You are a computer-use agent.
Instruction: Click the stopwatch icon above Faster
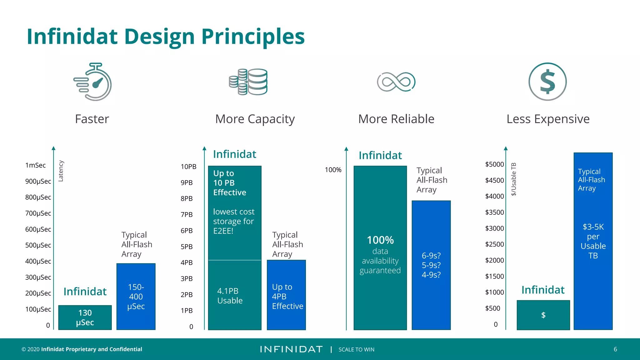pyautogui.click(x=93, y=82)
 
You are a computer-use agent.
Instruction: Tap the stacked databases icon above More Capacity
pyautogui.click(x=248, y=82)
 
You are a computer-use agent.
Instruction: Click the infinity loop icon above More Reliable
pyautogui.click(x=396, y=82)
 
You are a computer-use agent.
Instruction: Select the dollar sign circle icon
pyautogui.click(x=547, y=82)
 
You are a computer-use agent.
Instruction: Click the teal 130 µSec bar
pyautogui.click(x=85, y=317)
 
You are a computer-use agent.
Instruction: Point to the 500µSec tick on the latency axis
pyautogui.click(x=38, y=245)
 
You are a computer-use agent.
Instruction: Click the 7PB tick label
pyautogui.click(x=187, y=215)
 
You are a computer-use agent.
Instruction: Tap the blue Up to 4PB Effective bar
pyautogui.click(x=286, y=295)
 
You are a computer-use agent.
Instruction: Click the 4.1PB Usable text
pyautogui.click(x=230, y=296)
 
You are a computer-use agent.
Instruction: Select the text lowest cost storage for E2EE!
pyautogui.click(x=234, y=221)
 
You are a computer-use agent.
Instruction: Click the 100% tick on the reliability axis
pyautogui.click(x=333, y=170)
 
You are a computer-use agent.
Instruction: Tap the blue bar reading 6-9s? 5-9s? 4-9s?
pyautogui.click(x=431, y=265)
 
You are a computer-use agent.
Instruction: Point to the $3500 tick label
pyautogui.click(x=494, y=212)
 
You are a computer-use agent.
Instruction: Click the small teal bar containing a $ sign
pyautogui.click(x=543, y=315)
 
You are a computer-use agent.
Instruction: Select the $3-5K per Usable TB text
pyautogui.click(x=593, y=241)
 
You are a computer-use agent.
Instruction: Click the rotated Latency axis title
pyautogui.click(x=61, y=171)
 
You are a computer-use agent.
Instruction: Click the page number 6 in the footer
pyautogui.click(x=615, y=349)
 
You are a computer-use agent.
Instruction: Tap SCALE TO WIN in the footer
pyautogui.click(x=356, y=350)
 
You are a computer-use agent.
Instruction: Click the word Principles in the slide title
pyautogui.click(x=253, y=37)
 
